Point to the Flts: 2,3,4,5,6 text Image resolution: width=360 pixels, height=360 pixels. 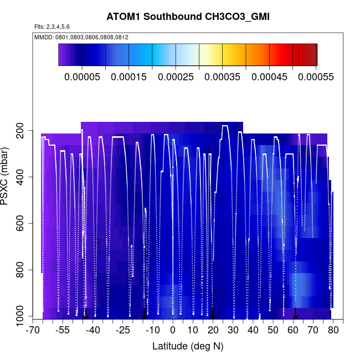(x=52, y=27)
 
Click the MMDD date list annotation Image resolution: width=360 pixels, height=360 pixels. (x=81, y=37)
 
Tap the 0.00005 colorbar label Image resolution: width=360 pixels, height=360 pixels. (x=82, y=76)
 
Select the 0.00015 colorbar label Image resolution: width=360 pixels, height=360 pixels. (x=129, y=76)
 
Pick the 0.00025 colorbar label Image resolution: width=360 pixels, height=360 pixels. (x=176, y=76)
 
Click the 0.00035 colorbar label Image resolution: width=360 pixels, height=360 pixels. (x=223, y=76)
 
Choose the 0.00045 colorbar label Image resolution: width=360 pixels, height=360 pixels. (x=269, y=76)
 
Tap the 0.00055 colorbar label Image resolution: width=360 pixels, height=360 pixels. (x=316, y=76)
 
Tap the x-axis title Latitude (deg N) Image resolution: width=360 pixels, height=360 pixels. (x=187, y=346)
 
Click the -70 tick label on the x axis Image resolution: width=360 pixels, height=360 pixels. (x=34, y=331)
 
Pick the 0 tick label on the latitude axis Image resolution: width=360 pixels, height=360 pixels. (x=173, y=331)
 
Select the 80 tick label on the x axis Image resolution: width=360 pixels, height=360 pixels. (x=333, y=331)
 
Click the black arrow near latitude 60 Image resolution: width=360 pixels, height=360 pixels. (x=295, y=313)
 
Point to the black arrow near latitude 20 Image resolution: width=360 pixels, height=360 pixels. (x=213, y=313)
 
